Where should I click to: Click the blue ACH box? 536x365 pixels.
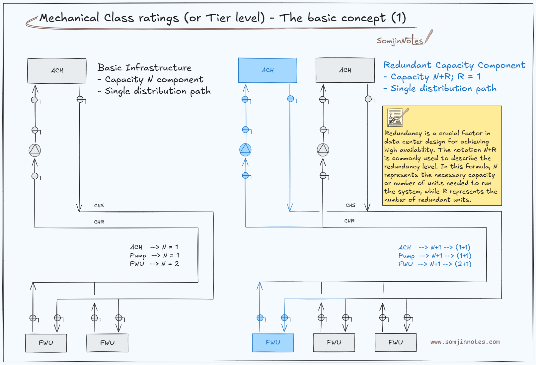pyautogui.click(x=268, y=70)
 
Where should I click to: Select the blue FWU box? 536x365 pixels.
pyautogui.click(x=273, y=342)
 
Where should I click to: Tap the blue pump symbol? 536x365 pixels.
pyautogui.click(x=245, y=150)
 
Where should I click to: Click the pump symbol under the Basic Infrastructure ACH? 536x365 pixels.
pyautogui.click(x=35, y=150)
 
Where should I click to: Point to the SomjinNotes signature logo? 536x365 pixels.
pyautogui.click(x=405, y=38)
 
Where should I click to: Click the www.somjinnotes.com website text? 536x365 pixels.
pyautogui.click(x=465, y=342)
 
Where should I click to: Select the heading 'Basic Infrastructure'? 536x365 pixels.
pyautogui.click(x=144, y=67)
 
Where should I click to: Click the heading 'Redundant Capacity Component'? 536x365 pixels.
pyautogui.click(x=454, y=65)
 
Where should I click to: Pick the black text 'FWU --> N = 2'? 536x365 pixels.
pyautogui.click(x=154, y=264)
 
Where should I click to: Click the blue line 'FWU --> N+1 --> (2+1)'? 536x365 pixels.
pyautogui.click(x=435, y=264)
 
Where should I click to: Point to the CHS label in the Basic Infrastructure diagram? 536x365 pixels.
pyautogui.click(x=99, y=206)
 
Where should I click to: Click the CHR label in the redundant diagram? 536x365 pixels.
pyautogui.click(x=349, y=221)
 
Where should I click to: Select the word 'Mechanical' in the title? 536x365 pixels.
pyautogui.click(x=69, y=18)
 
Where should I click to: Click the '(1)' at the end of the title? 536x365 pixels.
pyautogui.click(x=399, y=18)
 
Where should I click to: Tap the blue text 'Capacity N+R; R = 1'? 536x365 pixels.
pyautogui.click(x=435, y=77)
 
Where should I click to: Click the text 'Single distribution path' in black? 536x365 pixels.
pyautogui.click(x=158, y=91)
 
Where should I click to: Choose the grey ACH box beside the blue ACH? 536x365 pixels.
pyautogui.click(x=345, y=70)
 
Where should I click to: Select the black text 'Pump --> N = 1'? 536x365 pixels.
pyautogui.click(x=154, y=255)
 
